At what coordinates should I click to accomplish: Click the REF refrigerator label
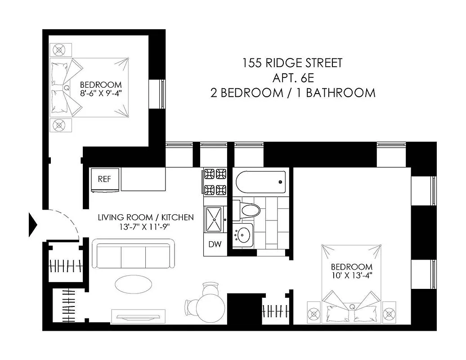click(x=104, y=179)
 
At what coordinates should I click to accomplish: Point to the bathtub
click(x=260, y=182)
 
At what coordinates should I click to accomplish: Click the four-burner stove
click(x=215, y=181)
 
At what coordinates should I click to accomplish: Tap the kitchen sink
click(x=215, y=219)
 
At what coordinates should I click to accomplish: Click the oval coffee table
click(x=133, y=283)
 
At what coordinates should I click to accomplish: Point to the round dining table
click(x=211, y=305)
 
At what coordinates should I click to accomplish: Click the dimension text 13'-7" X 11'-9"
click(x=146, y=227)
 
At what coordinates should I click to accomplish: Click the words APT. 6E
click(x=293, y=78)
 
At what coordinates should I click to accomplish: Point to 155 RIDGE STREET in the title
click(x=293, y=63)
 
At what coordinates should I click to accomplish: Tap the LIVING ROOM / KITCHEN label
click(x=146, y=217)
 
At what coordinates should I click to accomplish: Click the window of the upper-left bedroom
click(x=162, y=94)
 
